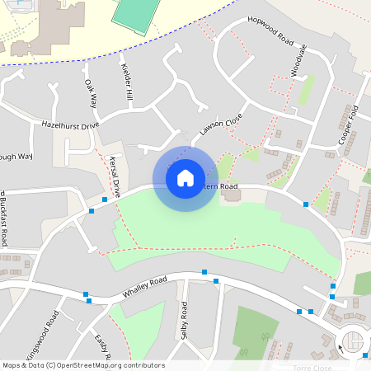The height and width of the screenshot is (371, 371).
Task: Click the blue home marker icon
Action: [185, 178]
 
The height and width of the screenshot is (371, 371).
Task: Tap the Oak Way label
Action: [91, 93]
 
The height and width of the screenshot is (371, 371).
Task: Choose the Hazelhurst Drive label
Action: [70, 124]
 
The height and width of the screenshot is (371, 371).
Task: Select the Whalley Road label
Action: [144, 288]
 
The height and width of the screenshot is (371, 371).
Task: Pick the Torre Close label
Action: [312, 367]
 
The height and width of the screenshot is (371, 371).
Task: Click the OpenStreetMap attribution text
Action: [82, 365]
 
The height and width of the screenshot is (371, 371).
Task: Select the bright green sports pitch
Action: [139, 12]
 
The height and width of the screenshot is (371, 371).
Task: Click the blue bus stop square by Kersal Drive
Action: [105, 199]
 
